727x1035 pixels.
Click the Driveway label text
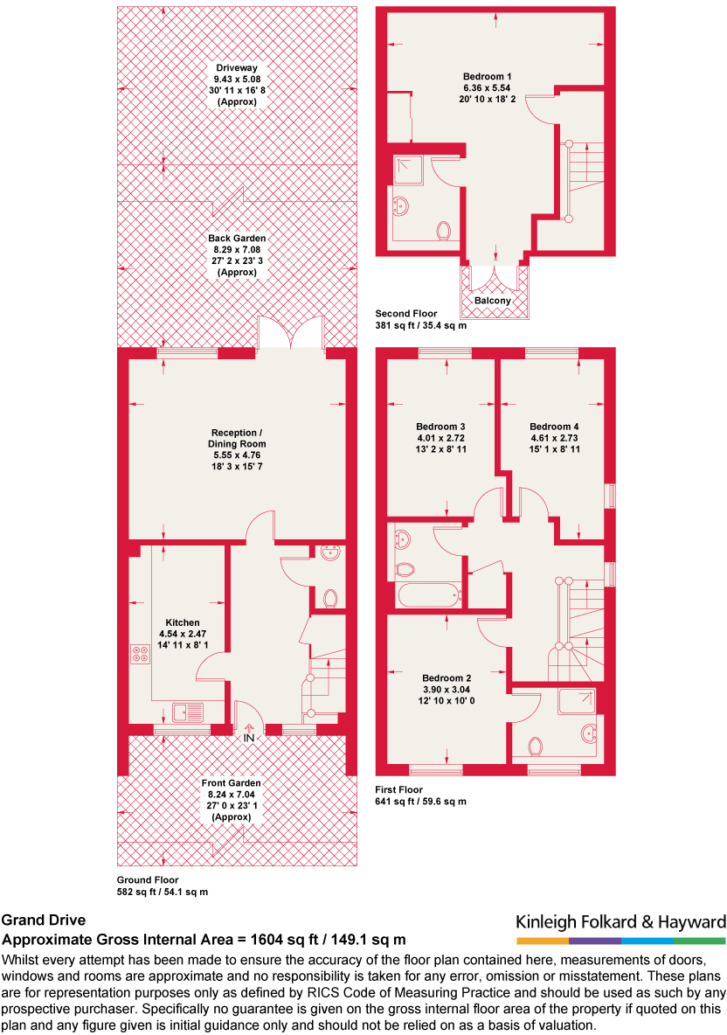coord(238,66)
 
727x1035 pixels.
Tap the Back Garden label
coord(237,238)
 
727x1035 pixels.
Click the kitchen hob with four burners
coord(140,654)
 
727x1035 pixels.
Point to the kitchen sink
coord(188,712)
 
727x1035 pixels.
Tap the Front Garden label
coord(231,783)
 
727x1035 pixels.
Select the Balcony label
coord(494,301)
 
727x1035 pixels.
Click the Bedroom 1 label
coord(488,77)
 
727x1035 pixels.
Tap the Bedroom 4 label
coord(554,427)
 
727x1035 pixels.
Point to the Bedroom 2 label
coord(447,678)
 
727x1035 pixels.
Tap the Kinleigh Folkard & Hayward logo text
coord(620,922)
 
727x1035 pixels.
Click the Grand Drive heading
coord(44,920)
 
